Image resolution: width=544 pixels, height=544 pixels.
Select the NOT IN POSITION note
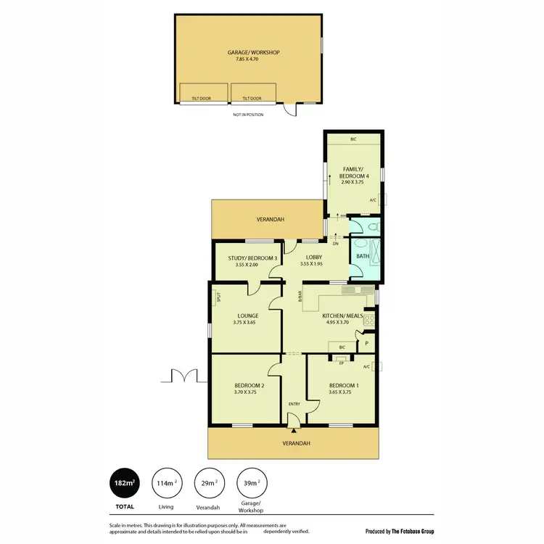pyautogui.click(x=248, y=115)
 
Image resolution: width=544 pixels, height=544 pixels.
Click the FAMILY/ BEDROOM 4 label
pyautogui.click(x=352, y=172)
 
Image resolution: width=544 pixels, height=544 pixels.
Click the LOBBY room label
pyautogui.click(x=313, y=257)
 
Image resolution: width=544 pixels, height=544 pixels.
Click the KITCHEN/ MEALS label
pyautogui.click(x=342, y=316)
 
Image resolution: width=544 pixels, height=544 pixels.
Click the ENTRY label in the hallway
pyautogui.click(x=293, y=403)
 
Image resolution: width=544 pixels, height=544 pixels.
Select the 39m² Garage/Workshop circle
pyautogui.click(x=251, y=482)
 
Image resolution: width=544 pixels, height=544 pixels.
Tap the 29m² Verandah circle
pyautogui.click(x=209, y=482)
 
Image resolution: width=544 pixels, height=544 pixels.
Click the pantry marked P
pyautogui.click(x=367, y=343)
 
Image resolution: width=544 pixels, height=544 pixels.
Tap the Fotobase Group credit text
pyautogui.click(x=399, y=531)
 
